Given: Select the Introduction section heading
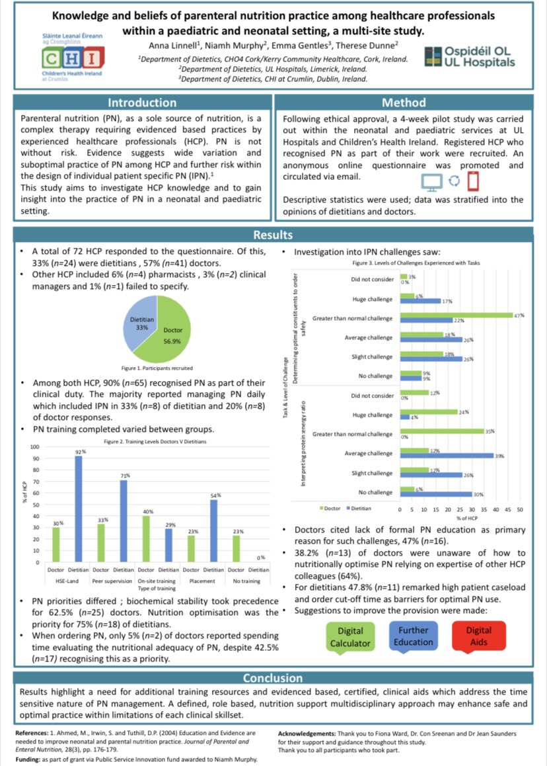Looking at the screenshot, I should point(141,103).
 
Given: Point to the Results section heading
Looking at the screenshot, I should point(273,235).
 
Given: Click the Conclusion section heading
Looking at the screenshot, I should point(273,678).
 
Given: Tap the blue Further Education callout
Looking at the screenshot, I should point(414,636).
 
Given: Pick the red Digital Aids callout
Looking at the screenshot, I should point(478,636).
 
